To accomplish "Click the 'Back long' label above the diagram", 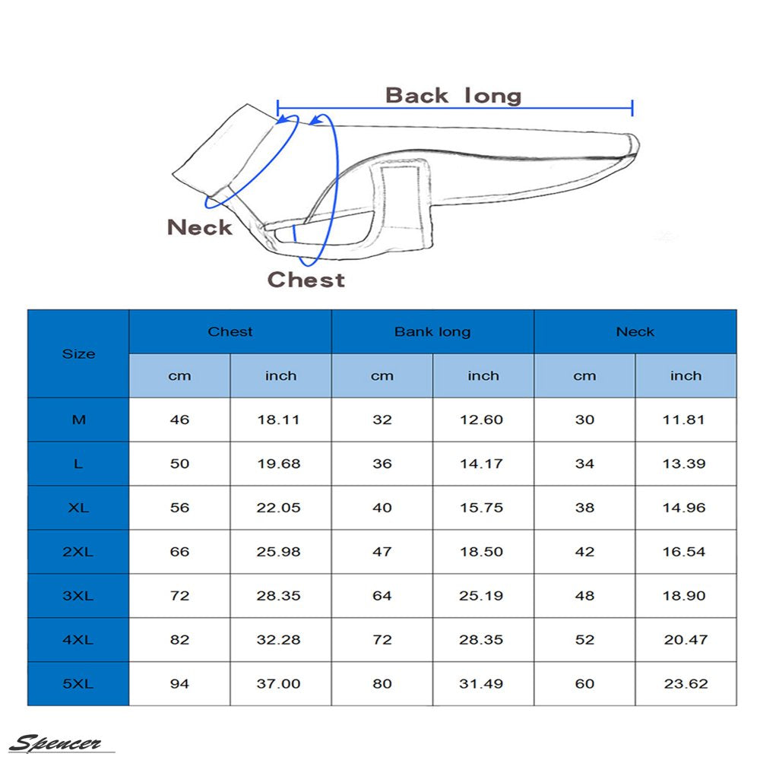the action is tap(453, 96).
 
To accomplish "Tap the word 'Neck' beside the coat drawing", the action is tap(200, 227).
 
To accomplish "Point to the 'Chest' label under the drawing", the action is tap(306, 280).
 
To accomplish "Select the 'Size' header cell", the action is tap(78, 354).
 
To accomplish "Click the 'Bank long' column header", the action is tap(432, 332).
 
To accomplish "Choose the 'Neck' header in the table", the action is tap(635, 332).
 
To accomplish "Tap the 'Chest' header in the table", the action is tap(230, 332).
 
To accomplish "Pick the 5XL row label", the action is tap(78, 684).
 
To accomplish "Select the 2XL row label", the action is tap(78, 552).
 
